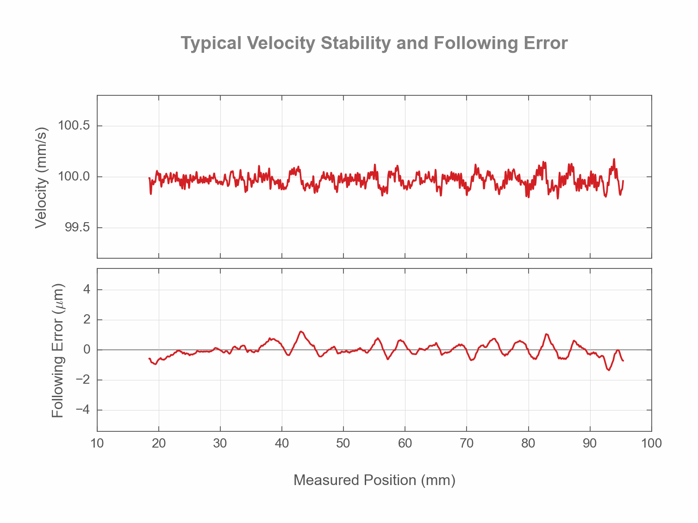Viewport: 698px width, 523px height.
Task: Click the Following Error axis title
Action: pos(57,350)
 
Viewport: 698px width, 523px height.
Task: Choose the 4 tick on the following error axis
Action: pos(87,290)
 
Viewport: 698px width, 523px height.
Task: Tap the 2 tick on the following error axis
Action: pos(87,320)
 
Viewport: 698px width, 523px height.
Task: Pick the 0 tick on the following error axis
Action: pos(87,350)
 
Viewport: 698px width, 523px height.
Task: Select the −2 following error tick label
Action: pos(83,380)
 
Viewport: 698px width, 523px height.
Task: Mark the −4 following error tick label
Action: pos(83,410)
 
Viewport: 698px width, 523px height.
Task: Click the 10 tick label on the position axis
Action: pos(97,443)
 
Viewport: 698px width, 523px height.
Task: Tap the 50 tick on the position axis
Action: pos(343,443)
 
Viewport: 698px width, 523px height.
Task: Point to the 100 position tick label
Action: pos(652,443)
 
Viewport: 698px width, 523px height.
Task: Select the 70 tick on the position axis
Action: pos(467,443)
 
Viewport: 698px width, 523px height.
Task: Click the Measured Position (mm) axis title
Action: pos(374,480)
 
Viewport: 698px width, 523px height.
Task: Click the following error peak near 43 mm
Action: pos(301,331)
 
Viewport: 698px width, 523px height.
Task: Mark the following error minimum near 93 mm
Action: pos(609,370)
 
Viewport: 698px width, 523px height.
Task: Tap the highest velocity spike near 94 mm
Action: pos(614,159)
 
